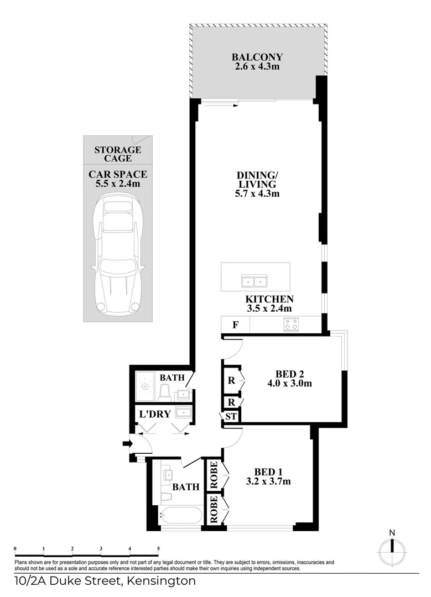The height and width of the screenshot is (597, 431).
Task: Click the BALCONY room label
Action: click(x=257, y=57)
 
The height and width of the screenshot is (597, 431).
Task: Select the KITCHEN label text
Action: click(x=269, y=299)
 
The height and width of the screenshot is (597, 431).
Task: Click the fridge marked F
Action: click(x=235, y=324)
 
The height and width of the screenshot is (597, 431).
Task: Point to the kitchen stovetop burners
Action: click(x=291, y=324)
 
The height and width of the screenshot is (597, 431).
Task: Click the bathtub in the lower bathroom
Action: click(x=181, y=516)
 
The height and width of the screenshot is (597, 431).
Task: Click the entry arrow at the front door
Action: click(x=126, y=442)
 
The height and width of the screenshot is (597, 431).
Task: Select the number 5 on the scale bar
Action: click(x=158, y=549)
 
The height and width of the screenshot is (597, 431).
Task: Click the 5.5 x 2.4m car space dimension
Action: click(x=117, y=184)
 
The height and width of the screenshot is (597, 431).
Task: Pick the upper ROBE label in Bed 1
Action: click(x=214, y=475)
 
